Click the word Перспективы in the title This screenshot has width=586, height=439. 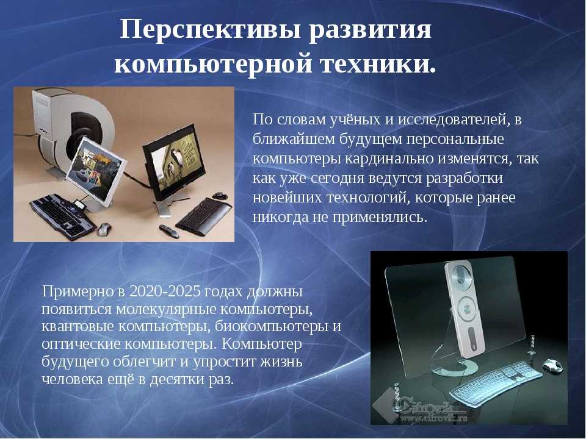click(211, 30)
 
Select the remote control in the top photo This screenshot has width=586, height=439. click(169, 231)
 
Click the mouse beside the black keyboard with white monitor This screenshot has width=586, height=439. click(104, 229)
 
